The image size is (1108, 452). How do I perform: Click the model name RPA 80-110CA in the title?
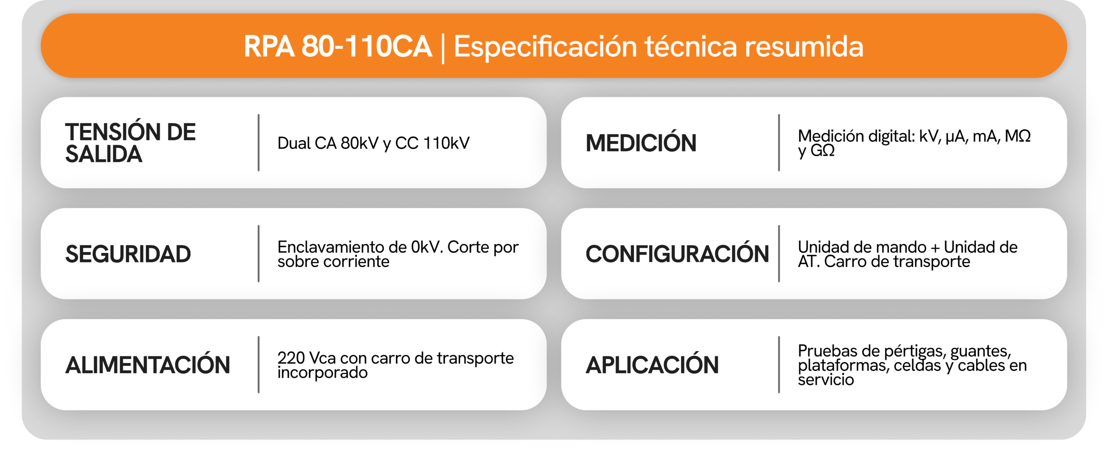pyautogui.click(x=338, y=46)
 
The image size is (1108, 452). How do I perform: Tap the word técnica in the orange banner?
pyautogui.click(x=691, y=46)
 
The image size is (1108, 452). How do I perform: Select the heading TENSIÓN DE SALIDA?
pyautogui.click(x=130, y=143)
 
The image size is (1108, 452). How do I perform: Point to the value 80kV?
pyautogui.click(x=359, y=143)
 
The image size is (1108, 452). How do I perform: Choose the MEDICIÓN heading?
pyautogui.click(x=641, y=143)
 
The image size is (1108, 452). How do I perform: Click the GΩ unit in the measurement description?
pyautogui.click(x=822, y=150)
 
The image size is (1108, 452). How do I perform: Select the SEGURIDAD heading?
pyautogui.click(x=128, y=254)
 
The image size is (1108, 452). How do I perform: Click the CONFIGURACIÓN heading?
pyautogui.click(x=677, y=254)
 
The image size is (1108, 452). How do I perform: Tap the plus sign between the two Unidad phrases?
pyautogui.click(x=935, y=248)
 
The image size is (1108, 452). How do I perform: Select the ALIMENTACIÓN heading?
pyautogui.click(x=148, y=365)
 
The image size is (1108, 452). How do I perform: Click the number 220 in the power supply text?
pyautogui.click(x=291, y=358)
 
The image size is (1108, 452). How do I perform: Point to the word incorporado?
pyautogui.click(x=322, y=372)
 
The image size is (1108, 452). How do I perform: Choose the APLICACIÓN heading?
pyautogui.click(x=652, y=365)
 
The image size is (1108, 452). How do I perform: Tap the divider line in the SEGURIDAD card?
pyautogui.click(x=258, y=254)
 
